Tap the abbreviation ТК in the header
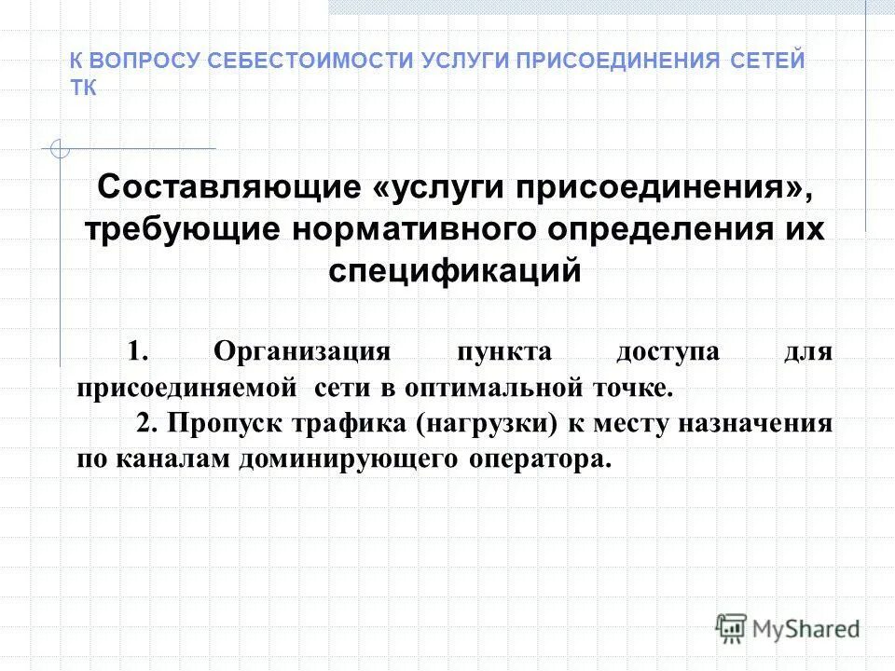coord(83,88)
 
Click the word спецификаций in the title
coord(456,270)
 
